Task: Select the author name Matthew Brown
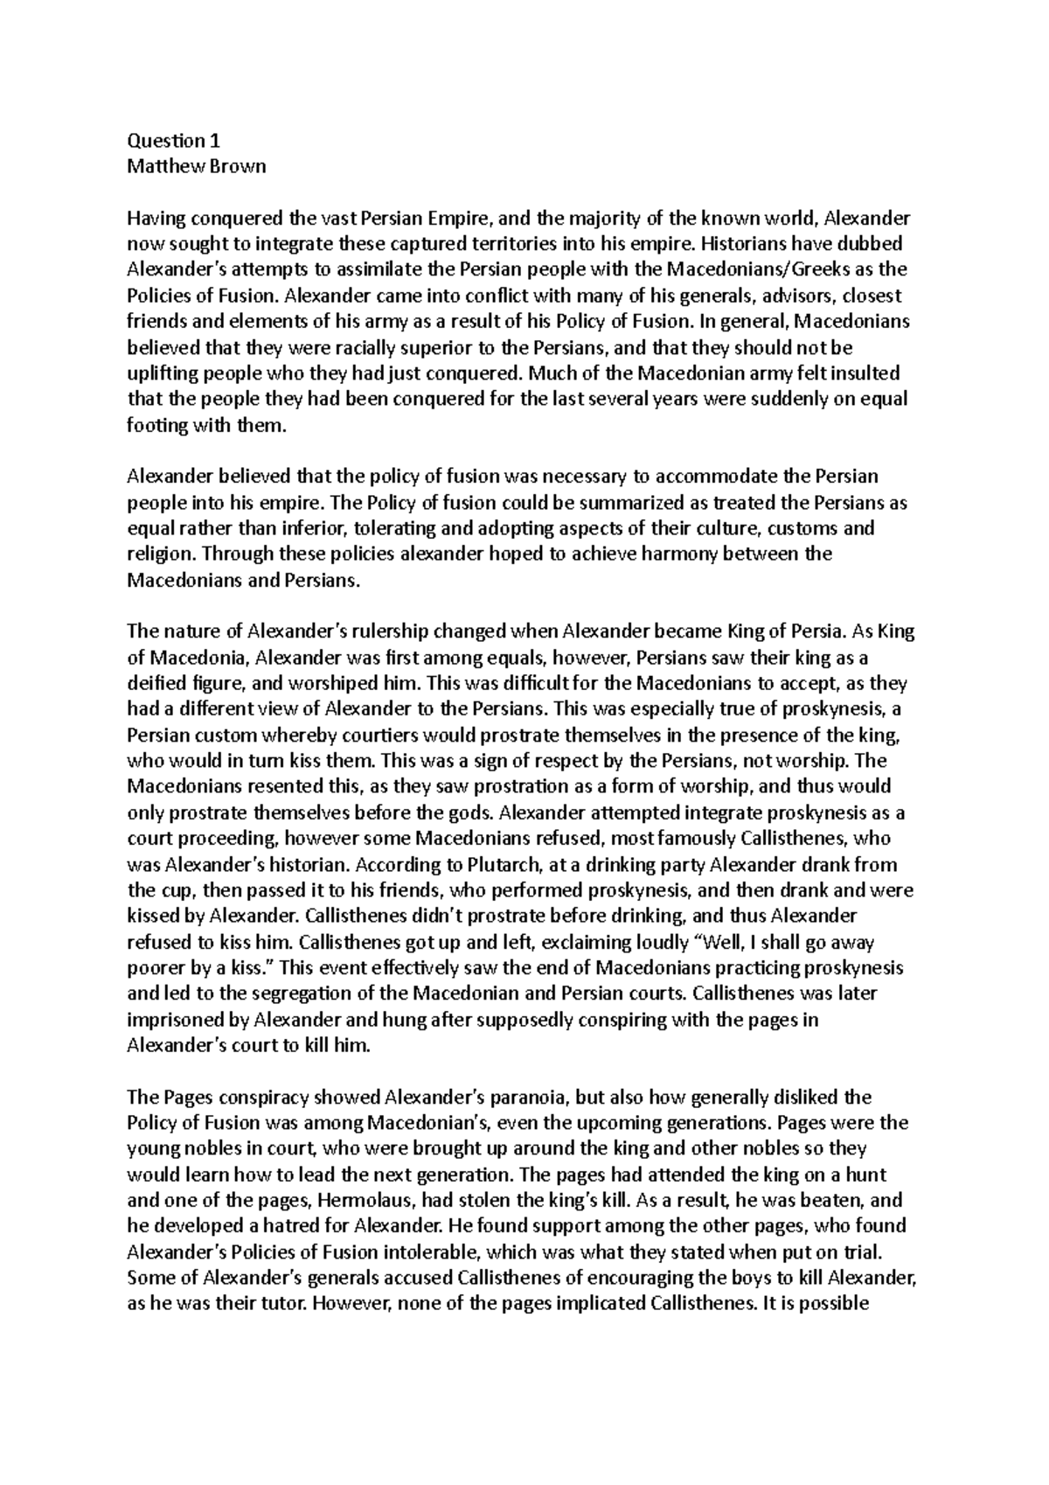pyautogui.click(x=196, y=165)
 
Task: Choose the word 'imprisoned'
pyautogui.click(x=170, y=1021)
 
